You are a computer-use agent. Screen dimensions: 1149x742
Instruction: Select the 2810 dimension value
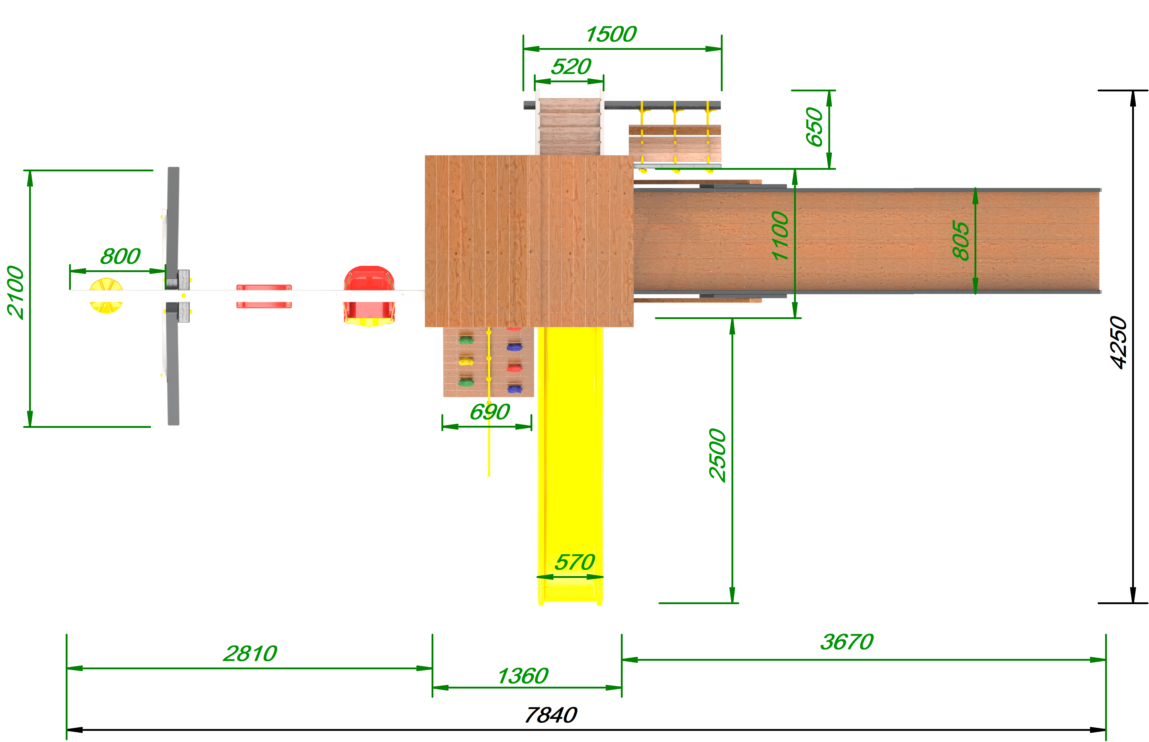tap(250, 654)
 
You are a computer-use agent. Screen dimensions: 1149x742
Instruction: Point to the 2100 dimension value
tap(15, 292)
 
